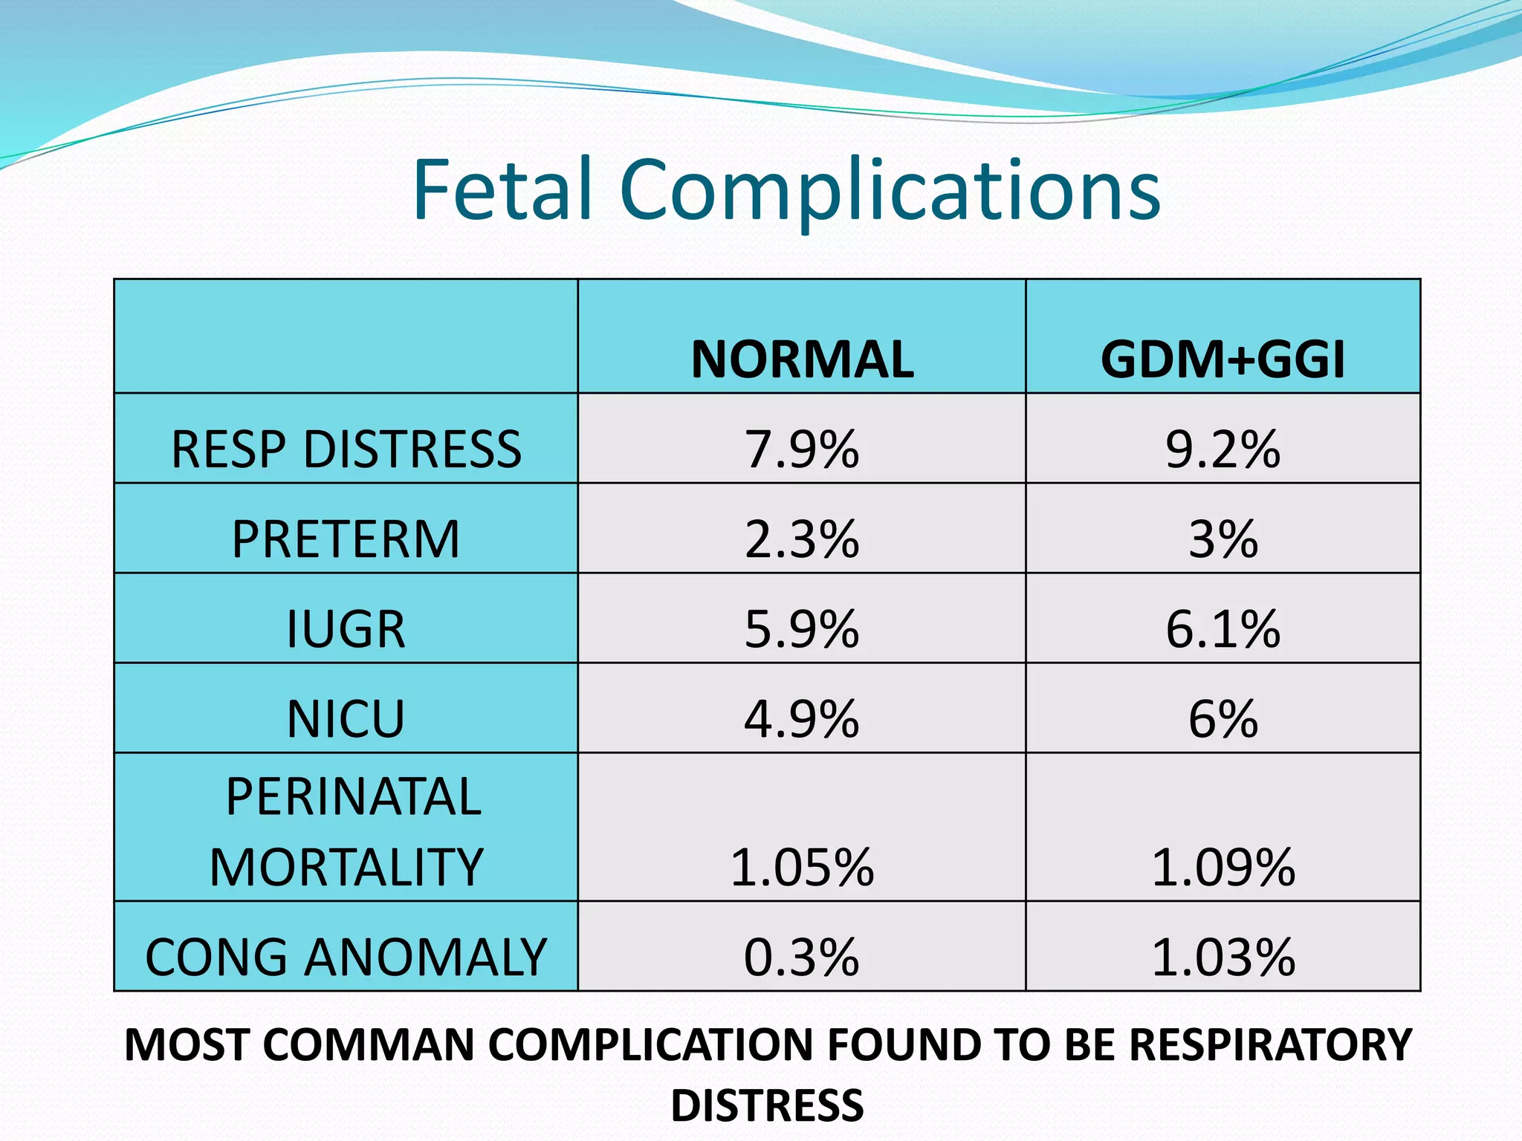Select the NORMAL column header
tap(802, 360)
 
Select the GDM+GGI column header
tap(1223, 360)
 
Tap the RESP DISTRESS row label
tap(346, 449)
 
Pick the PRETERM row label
tap(346, 539)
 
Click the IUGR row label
tap(346, 629)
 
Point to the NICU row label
tap(346, 719)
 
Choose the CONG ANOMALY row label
tap(346, 957)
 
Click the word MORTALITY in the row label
tap(346, 867)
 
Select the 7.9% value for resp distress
tap(802, 449)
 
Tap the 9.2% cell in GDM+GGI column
tap(1223, 449)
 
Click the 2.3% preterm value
tap(802, 539)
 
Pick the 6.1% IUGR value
tap(1223, 629)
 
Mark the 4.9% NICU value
tap(802, 719)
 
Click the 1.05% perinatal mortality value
tap(802, 867)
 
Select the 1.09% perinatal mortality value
tap(1223, 867)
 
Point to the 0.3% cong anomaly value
tap(802, 957)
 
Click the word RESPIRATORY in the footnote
tap(1271, 1044)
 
